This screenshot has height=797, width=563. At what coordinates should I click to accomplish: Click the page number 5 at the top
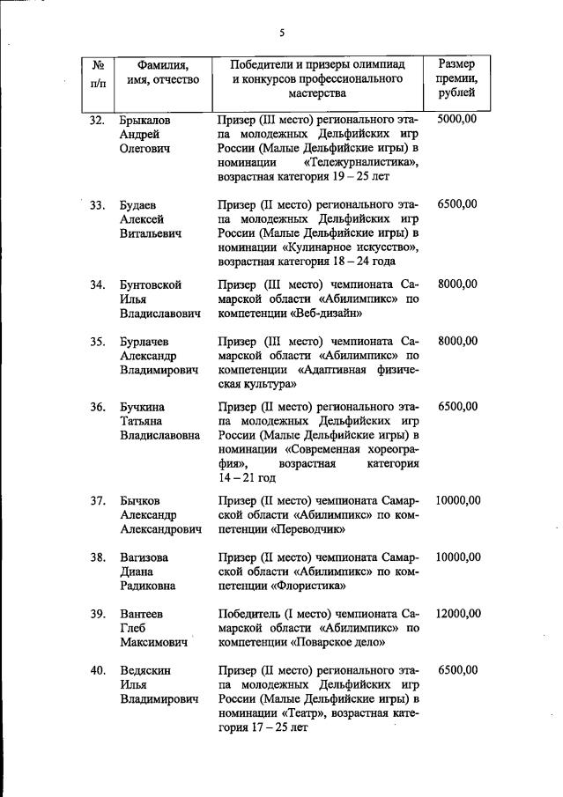(x=282, y=33)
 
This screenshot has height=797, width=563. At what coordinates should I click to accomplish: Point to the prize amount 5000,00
(x=456, y=119)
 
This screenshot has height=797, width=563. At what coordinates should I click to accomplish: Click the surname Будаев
(x=140, y=204)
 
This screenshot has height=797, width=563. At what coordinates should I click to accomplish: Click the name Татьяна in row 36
(x=143, y=421)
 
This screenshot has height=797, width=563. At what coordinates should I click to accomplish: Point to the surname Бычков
(x=141, y=500)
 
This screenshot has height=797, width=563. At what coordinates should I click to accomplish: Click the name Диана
(x=137, y=572)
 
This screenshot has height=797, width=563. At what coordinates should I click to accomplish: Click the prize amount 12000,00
(x=456, y=614)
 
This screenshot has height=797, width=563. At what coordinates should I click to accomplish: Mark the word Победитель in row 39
(x=251, y=614)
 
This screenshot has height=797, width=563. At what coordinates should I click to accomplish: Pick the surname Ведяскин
(x=145, y=671)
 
